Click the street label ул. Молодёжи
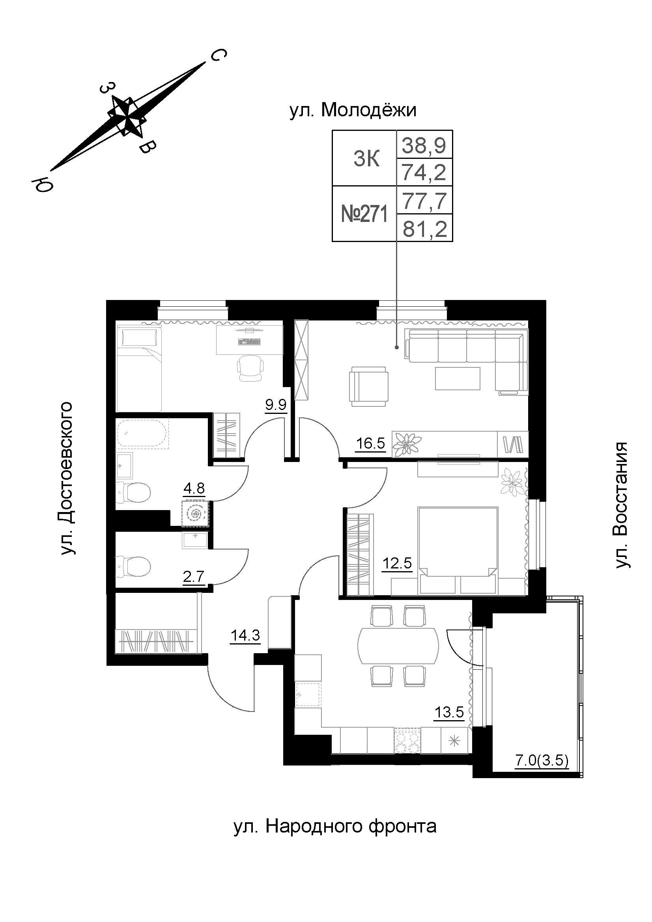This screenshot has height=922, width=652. [x=353, y=110]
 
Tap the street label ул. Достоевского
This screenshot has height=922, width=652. [x=67, y=478]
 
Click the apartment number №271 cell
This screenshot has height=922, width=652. [x=364, y=214]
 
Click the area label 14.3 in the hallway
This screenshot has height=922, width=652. [x=245, y=636]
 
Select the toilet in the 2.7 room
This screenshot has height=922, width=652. [x=133, y=566]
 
